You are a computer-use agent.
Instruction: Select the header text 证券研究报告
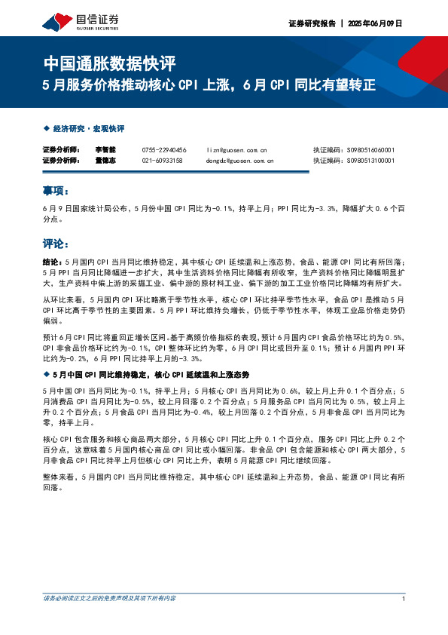(309, 23)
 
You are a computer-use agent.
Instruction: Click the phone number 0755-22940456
(163, 150)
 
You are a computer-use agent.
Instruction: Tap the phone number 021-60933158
(162, 160)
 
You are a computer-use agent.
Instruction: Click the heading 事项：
(56, 191)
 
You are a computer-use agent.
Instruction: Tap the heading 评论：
(56, 244)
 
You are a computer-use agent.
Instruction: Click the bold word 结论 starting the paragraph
(50, 259)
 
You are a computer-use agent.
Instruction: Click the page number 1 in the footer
(404, 598)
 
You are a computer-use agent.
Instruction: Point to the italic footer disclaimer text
(109, 598)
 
